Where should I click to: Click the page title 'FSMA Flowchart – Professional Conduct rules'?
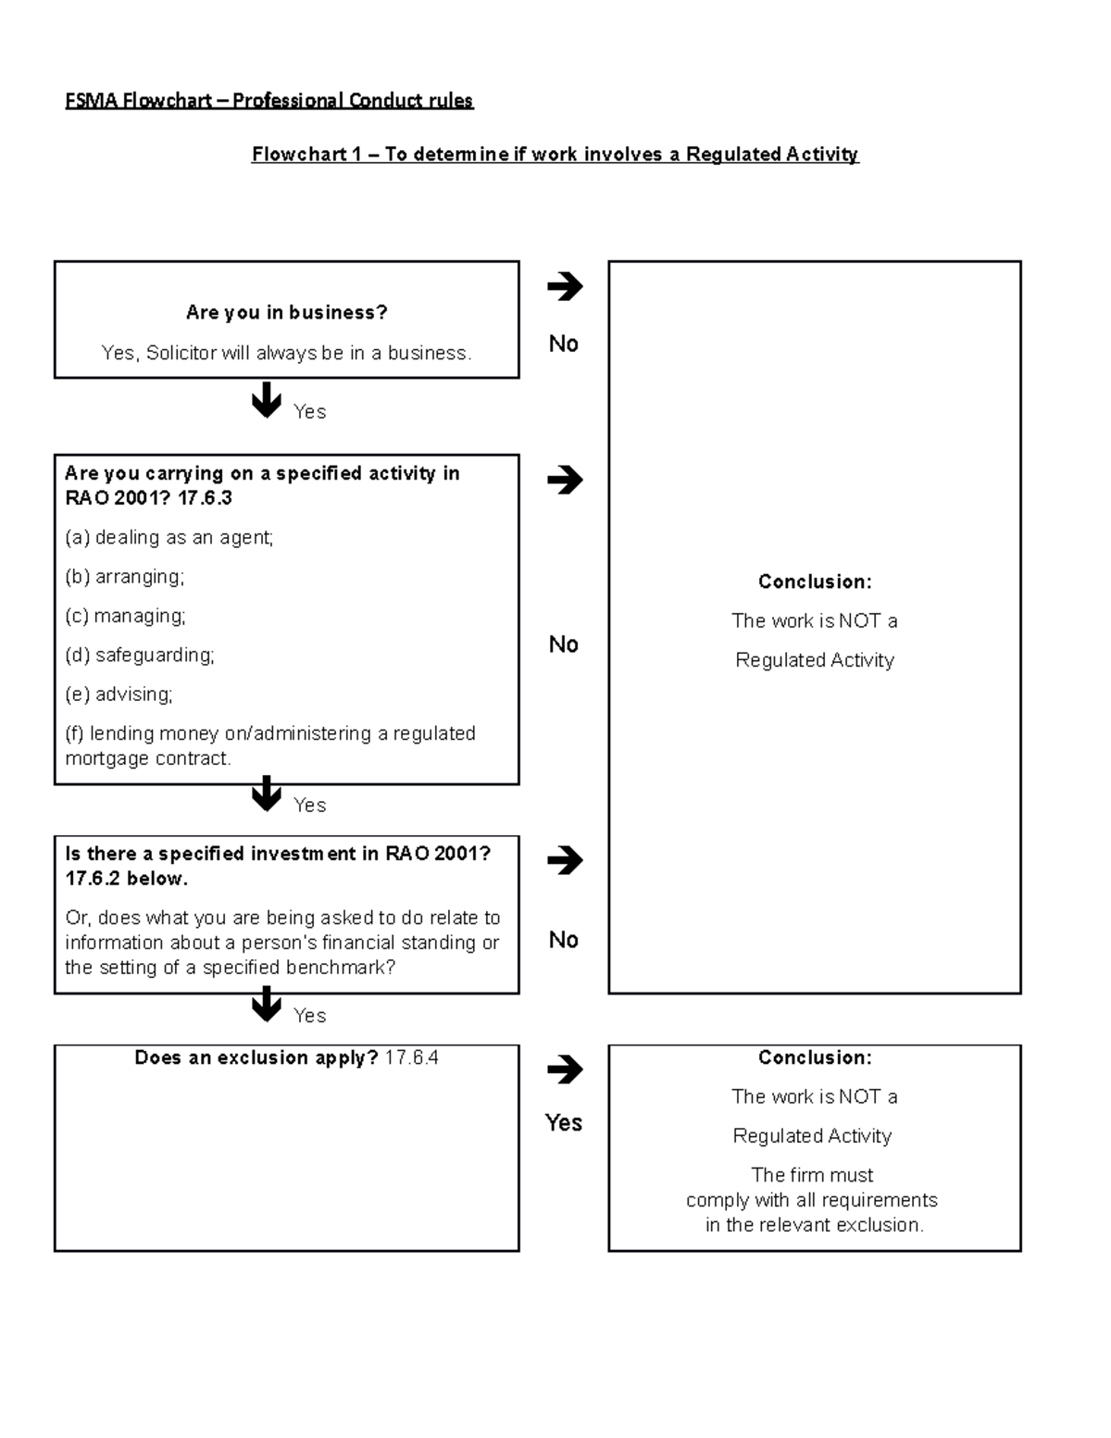[x=268, y=100]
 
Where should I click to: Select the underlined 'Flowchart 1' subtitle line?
[x=555, y=155]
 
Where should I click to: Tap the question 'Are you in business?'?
[x=286, y=313]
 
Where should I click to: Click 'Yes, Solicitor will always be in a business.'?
[x=286, y=353]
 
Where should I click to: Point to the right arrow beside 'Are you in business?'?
[x=564, y=286]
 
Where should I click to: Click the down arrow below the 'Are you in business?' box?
[x=267, y=400]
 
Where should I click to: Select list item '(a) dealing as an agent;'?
[x=169, y=538]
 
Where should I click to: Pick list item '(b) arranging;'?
[x=124, y=577]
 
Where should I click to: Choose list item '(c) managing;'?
[x=125, y=616]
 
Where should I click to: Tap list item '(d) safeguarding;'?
[x=139, y=656]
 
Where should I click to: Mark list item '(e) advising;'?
[x=119, y=694]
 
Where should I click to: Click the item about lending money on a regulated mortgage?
[x=269, y=745]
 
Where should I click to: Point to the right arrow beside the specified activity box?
[x=564, y=480]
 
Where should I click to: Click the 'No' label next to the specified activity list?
[x=563, y=644]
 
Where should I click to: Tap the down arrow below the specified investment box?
[x=267, y=1004]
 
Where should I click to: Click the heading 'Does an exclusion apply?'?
[x=256, y=1058]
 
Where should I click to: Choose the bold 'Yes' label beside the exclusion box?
[x=563, y=1123]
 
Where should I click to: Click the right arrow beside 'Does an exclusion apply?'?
[x=564, y=1069]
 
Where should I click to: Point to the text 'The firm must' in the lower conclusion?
[x=812, y=1175]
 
